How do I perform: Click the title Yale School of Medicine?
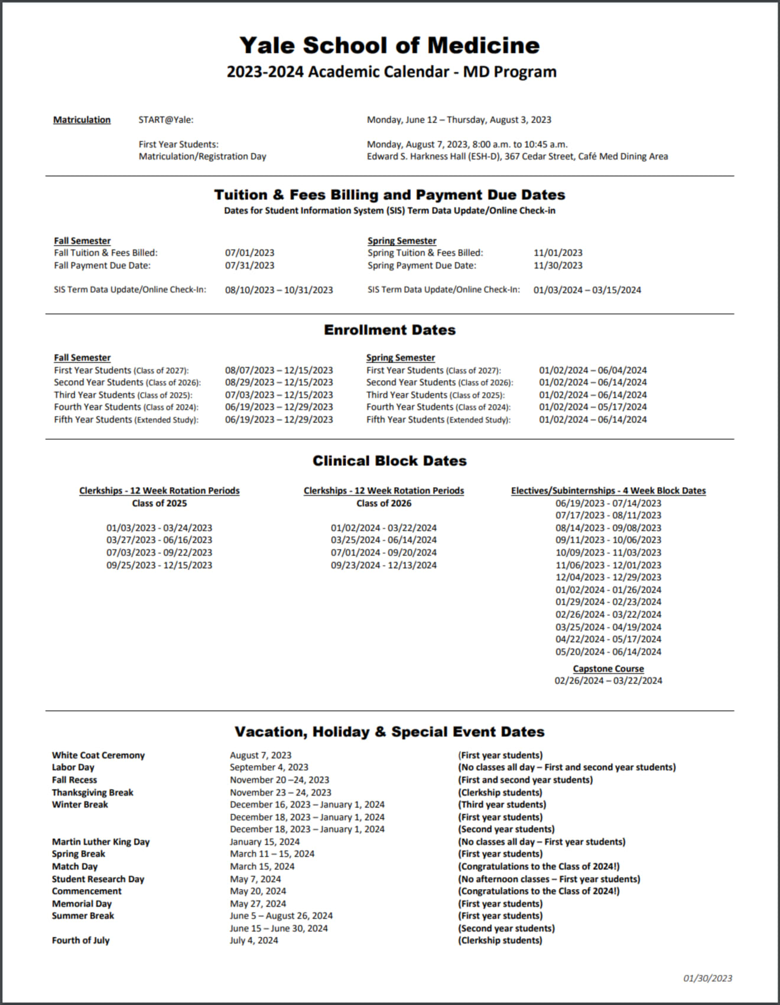(389, 46)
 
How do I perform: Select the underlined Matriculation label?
(82, 120)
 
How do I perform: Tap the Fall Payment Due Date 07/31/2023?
(249, 265)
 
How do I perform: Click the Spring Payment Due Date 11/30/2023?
(558, 265)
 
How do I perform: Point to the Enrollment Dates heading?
(389, 330)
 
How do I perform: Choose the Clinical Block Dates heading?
(389, 461)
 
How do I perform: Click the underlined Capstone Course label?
(608, 669)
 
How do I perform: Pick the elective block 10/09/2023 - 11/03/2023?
(608, 553)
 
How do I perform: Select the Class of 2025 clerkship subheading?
(159, 504)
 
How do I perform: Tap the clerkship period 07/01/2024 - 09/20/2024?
(383, 553)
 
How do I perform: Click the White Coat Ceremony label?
(98, 756)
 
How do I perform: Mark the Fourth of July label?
(80, 941)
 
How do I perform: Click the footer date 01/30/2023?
(707, 978)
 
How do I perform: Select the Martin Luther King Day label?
(100, 842)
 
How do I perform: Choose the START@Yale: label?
(166, 120)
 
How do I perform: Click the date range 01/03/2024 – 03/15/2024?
(587, 290)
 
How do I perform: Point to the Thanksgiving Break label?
(92, 793)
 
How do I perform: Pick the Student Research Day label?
(97, 879)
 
